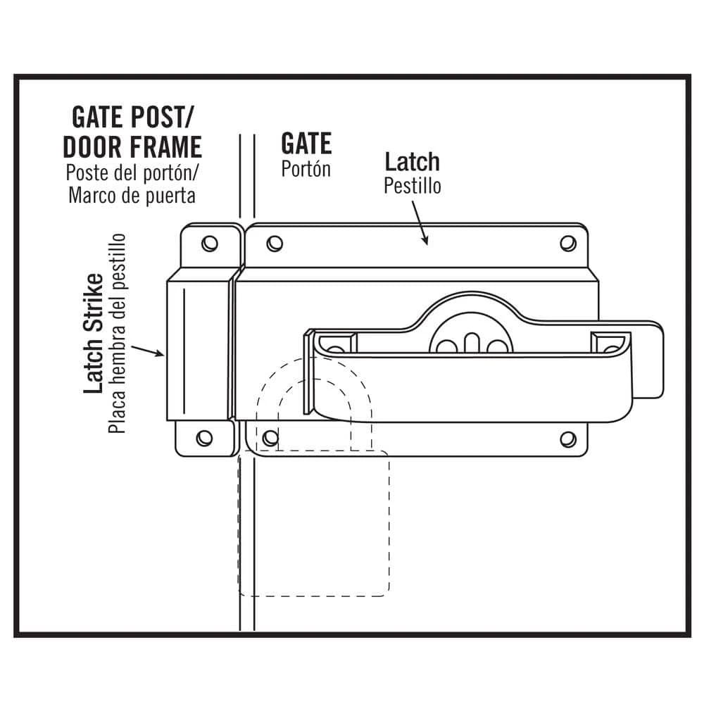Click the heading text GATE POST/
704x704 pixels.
click(x=132, y=117)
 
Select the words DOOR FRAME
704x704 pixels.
click(x=132, y=147)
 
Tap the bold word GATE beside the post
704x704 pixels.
click(x=306, y=143)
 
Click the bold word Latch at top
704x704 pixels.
click(x=412, y=161)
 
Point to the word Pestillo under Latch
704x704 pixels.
click(x=413, y=186)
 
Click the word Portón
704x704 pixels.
click(x=306, y=170)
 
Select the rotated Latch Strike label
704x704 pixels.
click(x=94, y=335)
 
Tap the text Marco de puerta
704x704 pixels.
click(x=132, y=194)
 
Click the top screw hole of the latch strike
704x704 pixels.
click(x=209, y=244)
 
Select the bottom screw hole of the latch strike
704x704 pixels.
click(x=204, y=438)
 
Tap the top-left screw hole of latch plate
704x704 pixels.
click(x=275, y=244)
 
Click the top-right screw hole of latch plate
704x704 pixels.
click(x=567, y=244)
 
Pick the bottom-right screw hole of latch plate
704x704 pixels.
click(x=567, y=439)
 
